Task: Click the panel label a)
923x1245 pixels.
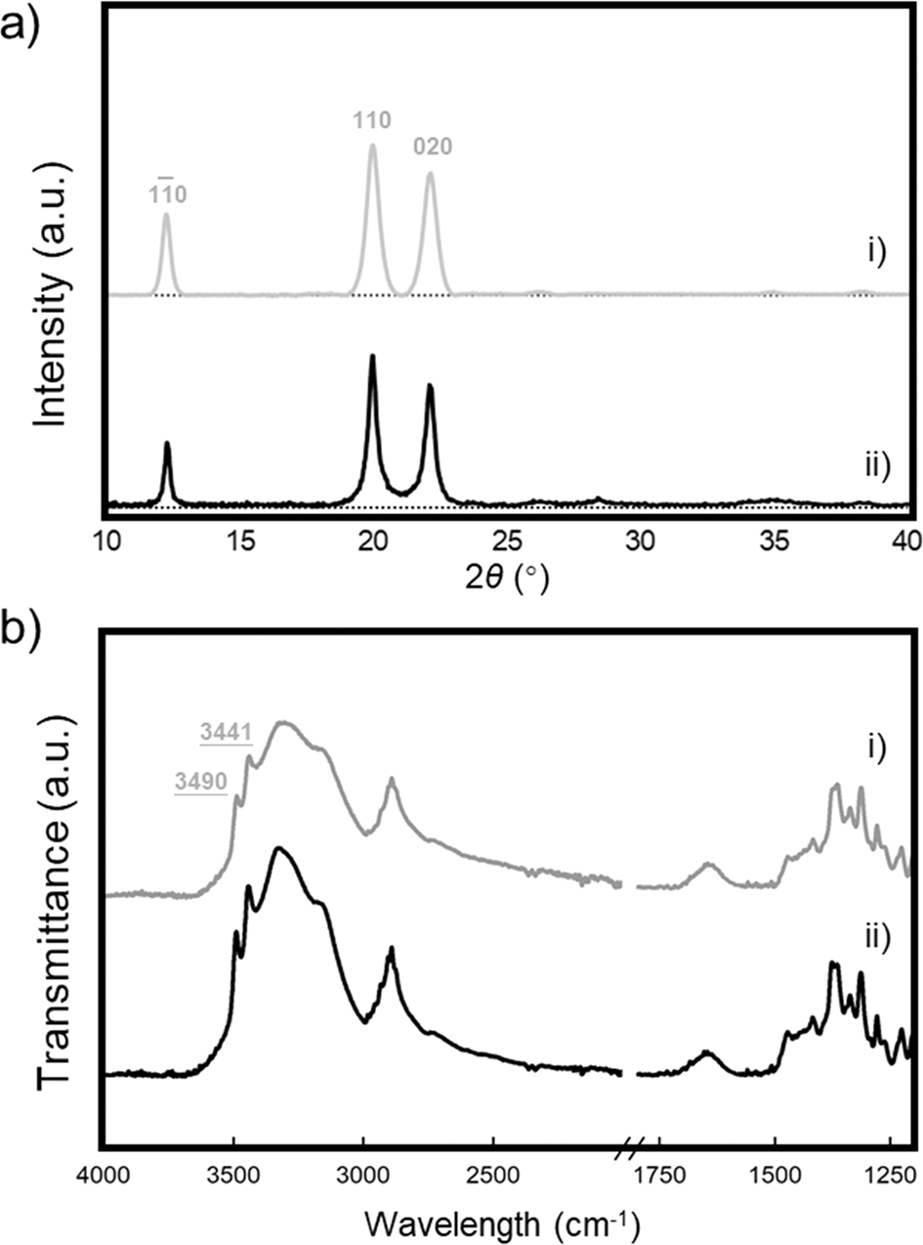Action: tap(21, 21)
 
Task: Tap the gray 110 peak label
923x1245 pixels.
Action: tap(371, 120)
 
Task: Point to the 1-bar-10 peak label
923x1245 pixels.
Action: tap(166, 193)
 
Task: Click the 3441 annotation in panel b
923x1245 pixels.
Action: tap(226, 731)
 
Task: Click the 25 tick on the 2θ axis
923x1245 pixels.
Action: tap(506, 540)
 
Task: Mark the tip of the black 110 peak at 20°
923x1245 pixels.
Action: tap(372, 357)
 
